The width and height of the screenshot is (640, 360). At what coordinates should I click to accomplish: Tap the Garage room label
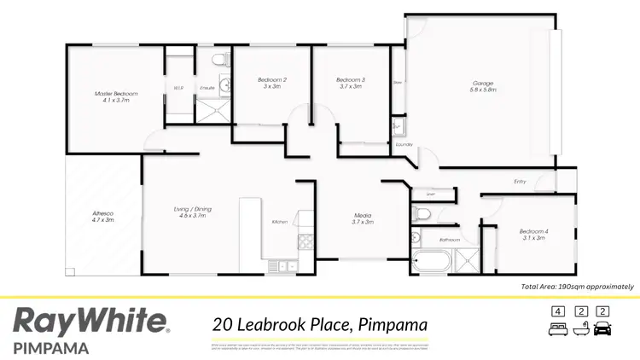pos(484,84)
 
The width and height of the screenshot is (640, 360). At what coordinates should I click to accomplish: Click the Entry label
pos(520,181)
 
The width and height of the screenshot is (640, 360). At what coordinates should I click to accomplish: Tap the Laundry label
pos(404,145)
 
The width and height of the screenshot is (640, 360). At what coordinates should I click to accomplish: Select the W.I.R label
pos(178,88)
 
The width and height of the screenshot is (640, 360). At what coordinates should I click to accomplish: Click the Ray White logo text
pos(91,322)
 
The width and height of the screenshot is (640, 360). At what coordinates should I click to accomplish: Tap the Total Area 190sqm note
pos(577,287)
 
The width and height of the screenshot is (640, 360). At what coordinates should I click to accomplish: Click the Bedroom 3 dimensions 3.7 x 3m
pos(350,86)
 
